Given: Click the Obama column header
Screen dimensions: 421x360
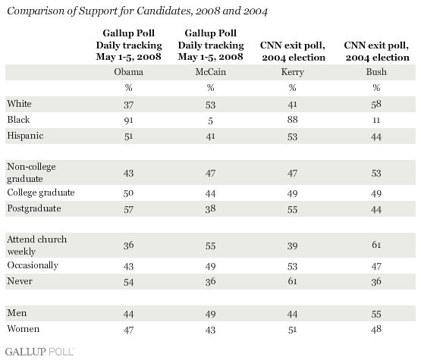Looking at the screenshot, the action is pyautogui.click(x=129, y=72).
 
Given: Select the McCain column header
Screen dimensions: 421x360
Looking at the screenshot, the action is pyautogui.click(x=211, y=72).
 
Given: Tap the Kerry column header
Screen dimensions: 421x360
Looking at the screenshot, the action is pyautogui.click(x=292, y=72).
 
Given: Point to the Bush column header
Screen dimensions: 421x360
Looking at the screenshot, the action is pyautogui.click(x=376, y=72).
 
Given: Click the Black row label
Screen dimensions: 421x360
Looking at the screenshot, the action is pyautogui.click(x=18, y=120).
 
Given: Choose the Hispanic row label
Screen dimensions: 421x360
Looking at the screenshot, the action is pyautogui.click(x=25, y=136).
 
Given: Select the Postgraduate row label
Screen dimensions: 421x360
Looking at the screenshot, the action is pyautogui.click(x=34, y=208).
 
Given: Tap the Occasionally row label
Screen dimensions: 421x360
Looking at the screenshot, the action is pyautogui.click(x=33, y=265).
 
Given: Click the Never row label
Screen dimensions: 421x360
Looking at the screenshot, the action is pyautogui.click(x=20, y=281).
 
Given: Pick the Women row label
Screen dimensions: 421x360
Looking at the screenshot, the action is pyautogui.click(x=24, y=329).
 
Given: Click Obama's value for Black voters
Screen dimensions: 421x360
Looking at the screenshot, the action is pyautogui.click(x=129, y=121).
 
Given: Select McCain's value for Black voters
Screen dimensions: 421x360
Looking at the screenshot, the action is pyautogui.click(x=211, y=121).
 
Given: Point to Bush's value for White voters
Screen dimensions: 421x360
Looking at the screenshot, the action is pyautogui.click(x=376, y=104).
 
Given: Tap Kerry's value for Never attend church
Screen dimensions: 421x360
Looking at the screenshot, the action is pyautogui.click(x=292, y=281).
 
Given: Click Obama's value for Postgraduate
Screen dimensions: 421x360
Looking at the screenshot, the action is pyautogui.click(x=129, y=209).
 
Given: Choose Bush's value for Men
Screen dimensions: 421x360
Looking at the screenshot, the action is pyautogui.click(x=376, y=314).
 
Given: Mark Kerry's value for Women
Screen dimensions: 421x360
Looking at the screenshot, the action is pyautogui.click(x=292, y=330).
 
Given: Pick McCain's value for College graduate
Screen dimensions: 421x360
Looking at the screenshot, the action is pyautogui.click(x=211, y=193).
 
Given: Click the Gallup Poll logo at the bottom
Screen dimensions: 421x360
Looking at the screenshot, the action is pyautogui.click(x=39, y=352).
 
